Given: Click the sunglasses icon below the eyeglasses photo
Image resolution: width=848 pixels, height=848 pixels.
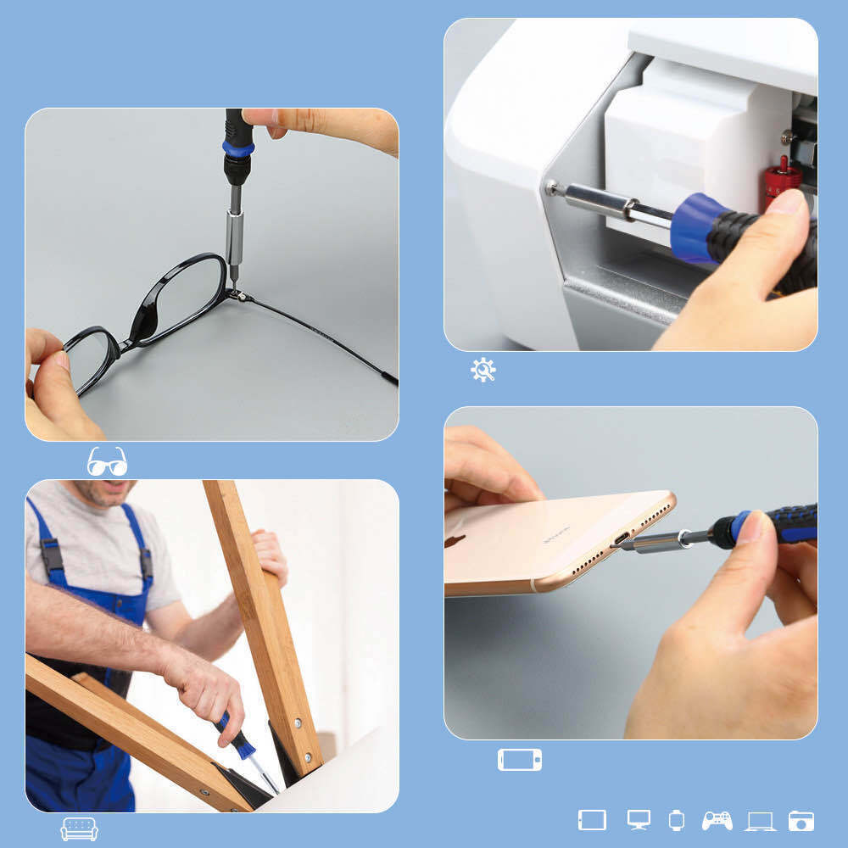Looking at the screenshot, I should pos(107,461).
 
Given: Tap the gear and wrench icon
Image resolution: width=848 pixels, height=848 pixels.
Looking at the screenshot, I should pos(483,370).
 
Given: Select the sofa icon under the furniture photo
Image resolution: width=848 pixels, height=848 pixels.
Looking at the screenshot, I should pos(79,828).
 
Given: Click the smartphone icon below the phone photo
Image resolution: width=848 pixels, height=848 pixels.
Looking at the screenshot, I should pos(519,759).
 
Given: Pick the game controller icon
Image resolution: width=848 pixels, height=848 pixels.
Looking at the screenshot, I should pos(717,820).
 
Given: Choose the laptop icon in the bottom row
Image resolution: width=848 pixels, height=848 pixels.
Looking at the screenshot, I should pos(760,821).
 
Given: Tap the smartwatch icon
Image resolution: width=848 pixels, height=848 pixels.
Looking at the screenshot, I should pos(676,820).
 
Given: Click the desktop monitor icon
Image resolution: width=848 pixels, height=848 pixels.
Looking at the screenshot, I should pos(639,820).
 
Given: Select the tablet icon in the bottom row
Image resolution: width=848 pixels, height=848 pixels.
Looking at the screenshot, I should pos(592,820).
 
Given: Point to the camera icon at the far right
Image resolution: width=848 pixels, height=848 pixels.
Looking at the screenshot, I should pos(801,821).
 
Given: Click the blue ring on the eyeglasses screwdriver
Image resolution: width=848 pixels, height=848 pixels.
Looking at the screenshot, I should pos(238,149).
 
